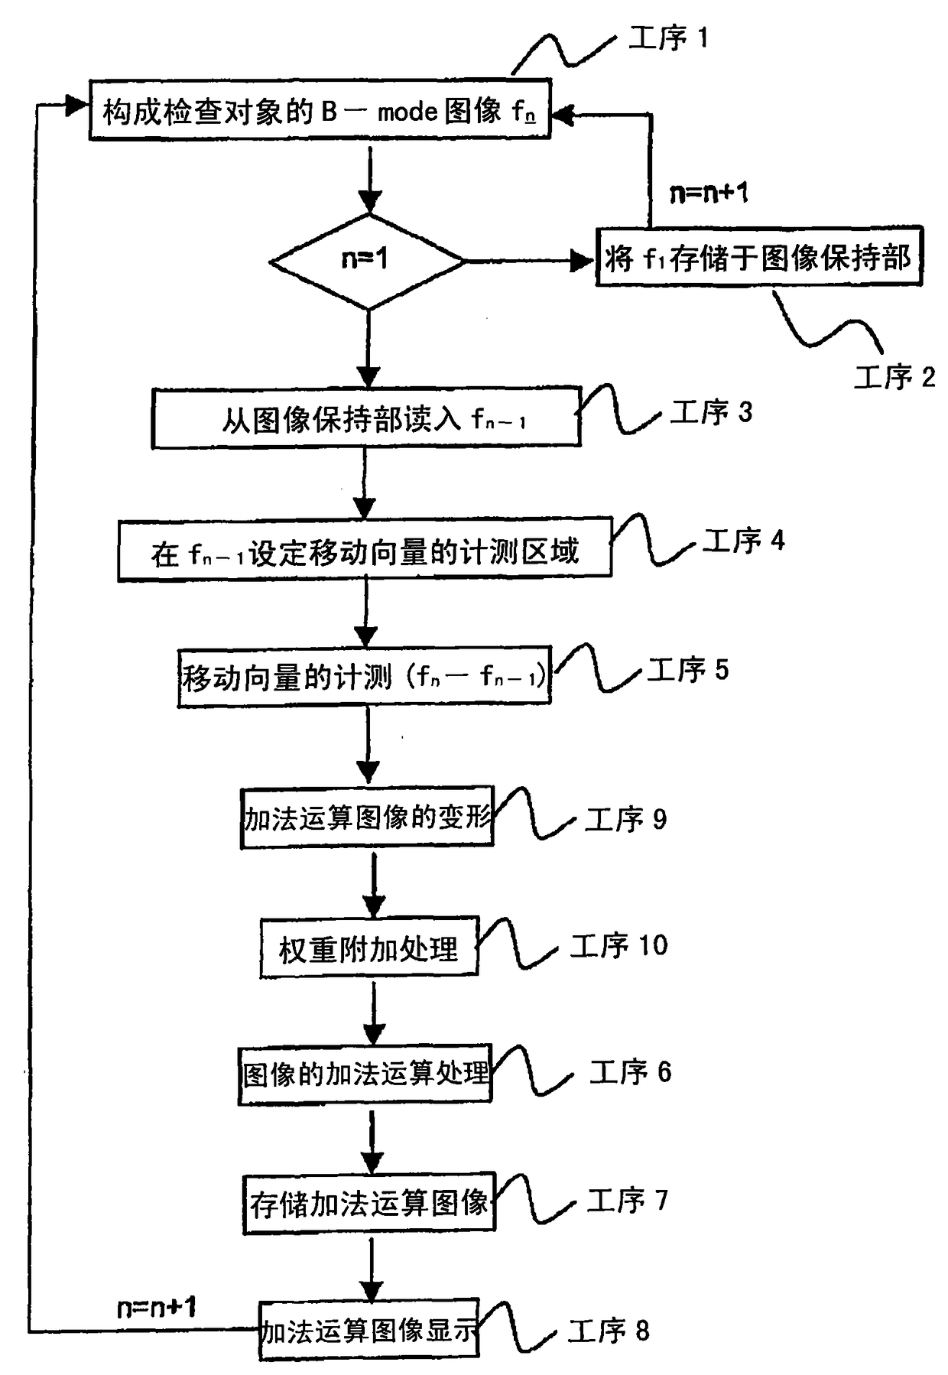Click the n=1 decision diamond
pyautogui.click(x=367, y=261)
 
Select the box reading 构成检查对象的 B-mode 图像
pyautogui.click(x=320, y=110)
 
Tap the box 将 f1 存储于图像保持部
pyautogui.click(x=758, y=257)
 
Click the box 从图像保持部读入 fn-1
pyautogui.click(x=365, y=418)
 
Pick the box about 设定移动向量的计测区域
pyautogui.click(x=365, y=550)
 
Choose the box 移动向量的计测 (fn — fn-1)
pyautogui.click(x=364, y=677)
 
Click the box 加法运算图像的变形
pyautogui.click(x=367, y=818)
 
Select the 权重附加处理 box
pyautogui.click(x=368, y=948)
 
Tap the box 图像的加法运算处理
pyautogui.click(x=365, y=1074)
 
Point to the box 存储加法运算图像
pyautogui.click(x=368, y=1203)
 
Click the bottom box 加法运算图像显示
pyautogui.click(x=368, y=1331)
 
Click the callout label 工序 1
pyautogui.click(x=668, y=37)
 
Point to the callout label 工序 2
pyautogui.click(x=894, y=377)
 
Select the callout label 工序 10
pyautogui.click(x=619, y=946)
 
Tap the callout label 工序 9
pyautogui.click(x=625, y=819)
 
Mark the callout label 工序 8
pyautogui.click(x=609, y=1331)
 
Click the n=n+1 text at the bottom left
pyautogui.click(x=157, y=1308)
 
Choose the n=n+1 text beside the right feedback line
pyautogui.click(x=709, y=193)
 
